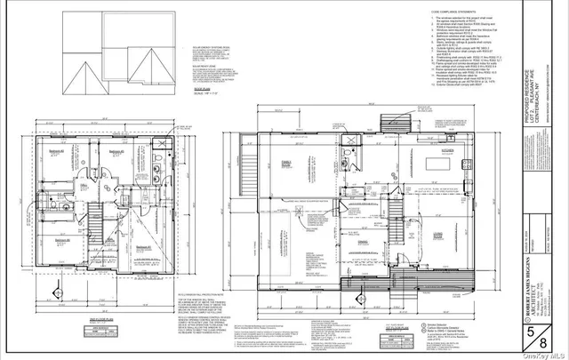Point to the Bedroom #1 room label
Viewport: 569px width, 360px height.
point(143,247)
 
